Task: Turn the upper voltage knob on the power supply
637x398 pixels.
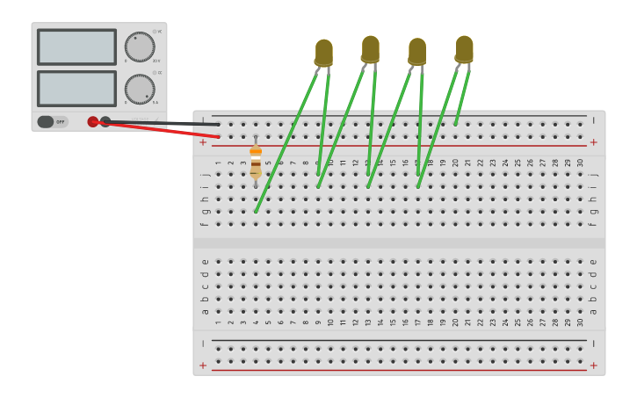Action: point(139,47)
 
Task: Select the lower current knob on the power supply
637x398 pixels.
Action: point(139,89)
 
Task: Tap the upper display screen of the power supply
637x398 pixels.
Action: point(76,47)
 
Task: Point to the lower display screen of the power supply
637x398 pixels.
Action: point(76,89)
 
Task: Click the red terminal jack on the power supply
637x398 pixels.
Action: point(93,122)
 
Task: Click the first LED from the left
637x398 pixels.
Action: point(324,53)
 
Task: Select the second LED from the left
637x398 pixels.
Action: point(371,49)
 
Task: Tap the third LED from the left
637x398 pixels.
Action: point(417,51)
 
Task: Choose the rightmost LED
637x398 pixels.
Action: point(464,49)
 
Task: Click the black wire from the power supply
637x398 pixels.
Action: point(167,124)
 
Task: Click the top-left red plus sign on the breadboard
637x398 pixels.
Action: point(203,142)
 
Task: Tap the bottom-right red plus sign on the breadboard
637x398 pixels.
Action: point(593,365)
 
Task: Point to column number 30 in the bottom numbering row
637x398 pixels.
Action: point(580,322)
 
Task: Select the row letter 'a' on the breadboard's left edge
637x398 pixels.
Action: point(205,311)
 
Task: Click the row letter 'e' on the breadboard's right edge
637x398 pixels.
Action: point(593,261)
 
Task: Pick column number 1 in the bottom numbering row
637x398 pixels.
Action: point(219,322)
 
